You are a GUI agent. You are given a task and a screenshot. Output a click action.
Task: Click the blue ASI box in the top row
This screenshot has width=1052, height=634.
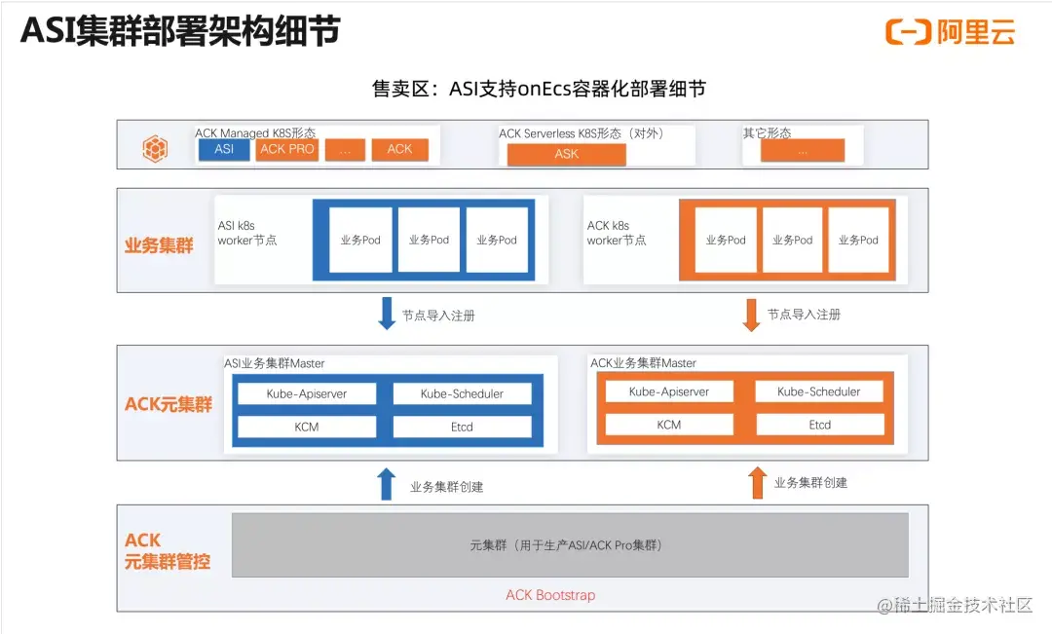pos(224,149)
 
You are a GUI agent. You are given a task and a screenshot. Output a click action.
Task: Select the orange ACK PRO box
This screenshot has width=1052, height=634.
pos(287,149)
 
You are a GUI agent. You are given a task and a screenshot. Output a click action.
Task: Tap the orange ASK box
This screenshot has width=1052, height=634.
pos(566,154)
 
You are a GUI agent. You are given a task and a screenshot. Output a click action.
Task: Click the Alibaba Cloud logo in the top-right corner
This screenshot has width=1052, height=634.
pos(951,32)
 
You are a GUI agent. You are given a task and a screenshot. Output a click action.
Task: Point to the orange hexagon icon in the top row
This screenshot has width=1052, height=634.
pos(156,148)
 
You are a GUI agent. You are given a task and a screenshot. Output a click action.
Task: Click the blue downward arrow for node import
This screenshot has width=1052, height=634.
pos(387,314)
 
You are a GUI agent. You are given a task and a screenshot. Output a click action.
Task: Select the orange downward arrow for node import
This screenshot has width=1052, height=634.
pos(751,314)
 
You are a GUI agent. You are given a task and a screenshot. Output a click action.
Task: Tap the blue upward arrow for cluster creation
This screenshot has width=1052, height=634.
pos(387,484)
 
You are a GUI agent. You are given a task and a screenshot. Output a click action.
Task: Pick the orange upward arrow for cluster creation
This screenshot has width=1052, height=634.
pos(757,482)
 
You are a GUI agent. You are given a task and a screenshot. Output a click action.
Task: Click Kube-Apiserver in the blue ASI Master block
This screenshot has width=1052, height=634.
pos(307,394)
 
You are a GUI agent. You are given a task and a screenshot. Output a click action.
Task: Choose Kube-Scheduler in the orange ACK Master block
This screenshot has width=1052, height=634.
pos(819,392)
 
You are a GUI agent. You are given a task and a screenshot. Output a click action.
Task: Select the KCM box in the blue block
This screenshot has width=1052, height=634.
pos(307,427)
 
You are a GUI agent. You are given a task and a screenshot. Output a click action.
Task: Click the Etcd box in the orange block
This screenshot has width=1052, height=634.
pos(819,425)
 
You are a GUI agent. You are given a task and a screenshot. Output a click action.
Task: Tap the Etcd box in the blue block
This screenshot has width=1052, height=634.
pos(462,427)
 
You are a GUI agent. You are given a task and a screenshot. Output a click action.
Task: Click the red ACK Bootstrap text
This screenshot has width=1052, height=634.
pos(549,595)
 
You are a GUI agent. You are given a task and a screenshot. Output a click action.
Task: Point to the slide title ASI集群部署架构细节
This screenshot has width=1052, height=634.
pos(180,31)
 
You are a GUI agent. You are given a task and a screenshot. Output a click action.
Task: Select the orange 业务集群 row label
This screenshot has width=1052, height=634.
pos(159,246)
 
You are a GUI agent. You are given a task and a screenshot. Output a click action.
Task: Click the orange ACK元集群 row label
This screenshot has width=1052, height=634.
pos(169,404)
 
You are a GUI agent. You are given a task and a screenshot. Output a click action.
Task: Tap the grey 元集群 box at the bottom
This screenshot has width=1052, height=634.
pos(570,545)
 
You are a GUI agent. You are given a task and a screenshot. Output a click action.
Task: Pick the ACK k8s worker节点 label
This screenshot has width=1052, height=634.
pos(616,233)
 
